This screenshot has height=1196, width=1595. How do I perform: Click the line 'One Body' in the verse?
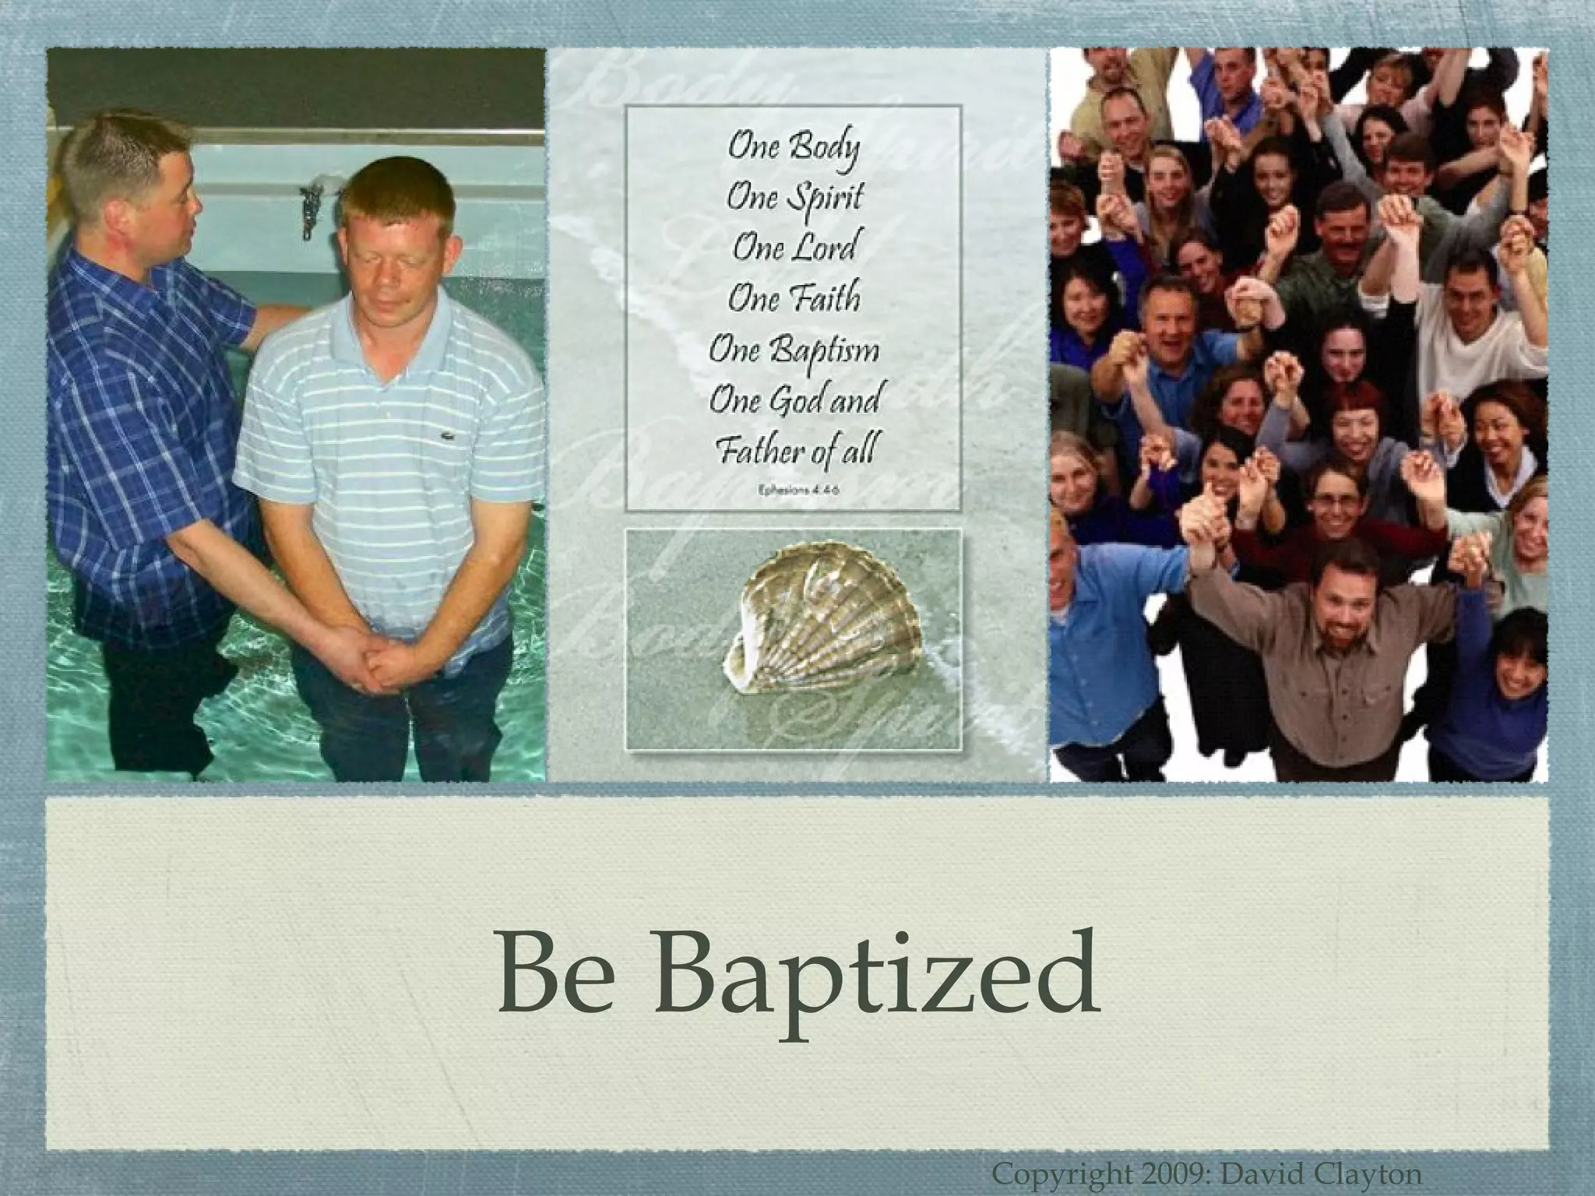794,149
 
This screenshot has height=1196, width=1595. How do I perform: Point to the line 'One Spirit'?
794,198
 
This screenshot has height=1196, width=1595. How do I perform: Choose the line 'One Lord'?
794,248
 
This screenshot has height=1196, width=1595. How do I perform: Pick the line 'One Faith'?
794,297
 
